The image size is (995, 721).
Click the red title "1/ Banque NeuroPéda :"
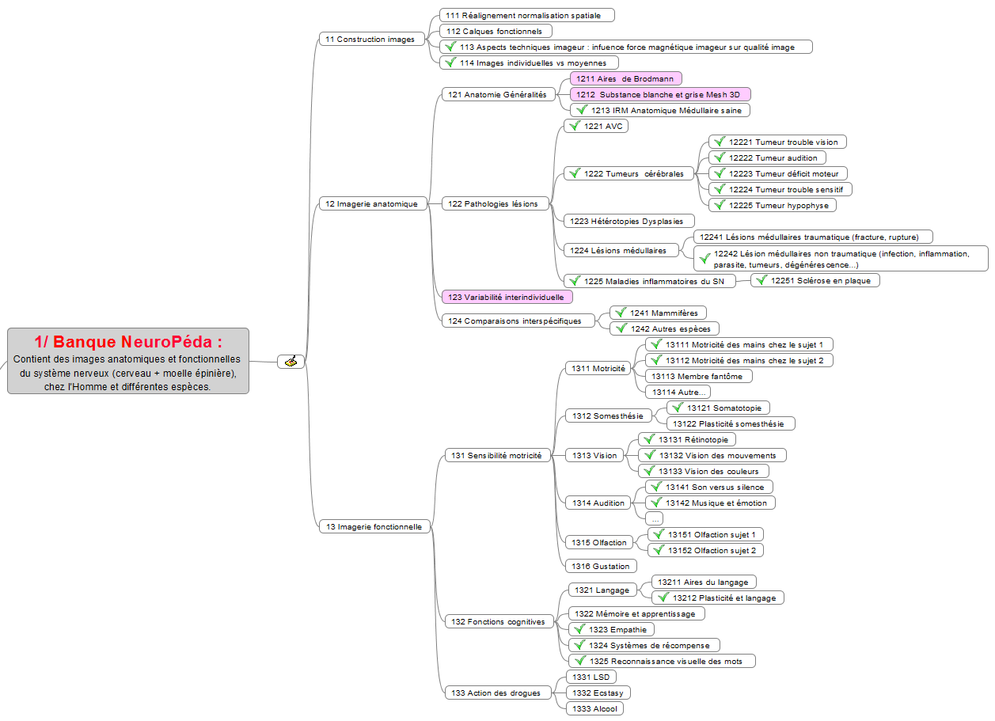pyautogui.click(x=128, y=342)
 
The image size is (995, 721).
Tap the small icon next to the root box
pyautogui.click(x=291, y=362)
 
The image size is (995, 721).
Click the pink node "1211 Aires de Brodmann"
pyautogui.click(x=625, y=78)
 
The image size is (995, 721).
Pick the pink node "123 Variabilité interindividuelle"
pyautogui.click(x=507, y=297)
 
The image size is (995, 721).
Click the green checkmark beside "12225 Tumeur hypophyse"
pyautogui.click(x=720, y=205)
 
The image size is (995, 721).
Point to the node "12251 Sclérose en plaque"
pyautogui.click(x=815, y=280)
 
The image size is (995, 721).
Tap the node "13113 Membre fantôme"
pyautogui.click(x=698, y=376)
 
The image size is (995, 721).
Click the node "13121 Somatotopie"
pyautogui.click(x=718, y=408)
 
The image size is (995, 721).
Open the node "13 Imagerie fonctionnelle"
pyautogui.click(x=374, y=526)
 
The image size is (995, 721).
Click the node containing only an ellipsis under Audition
pyautogui.click(x=655, y=518)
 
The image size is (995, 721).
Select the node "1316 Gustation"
pyautogui.click(x=601, y=566)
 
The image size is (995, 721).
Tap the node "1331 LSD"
pyautogui.click(x=591, y=677)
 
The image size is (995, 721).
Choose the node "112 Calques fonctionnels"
pyautogui.click(x=496, y=31)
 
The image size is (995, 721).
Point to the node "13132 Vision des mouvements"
pyautogui.click(x=712, y=455)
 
